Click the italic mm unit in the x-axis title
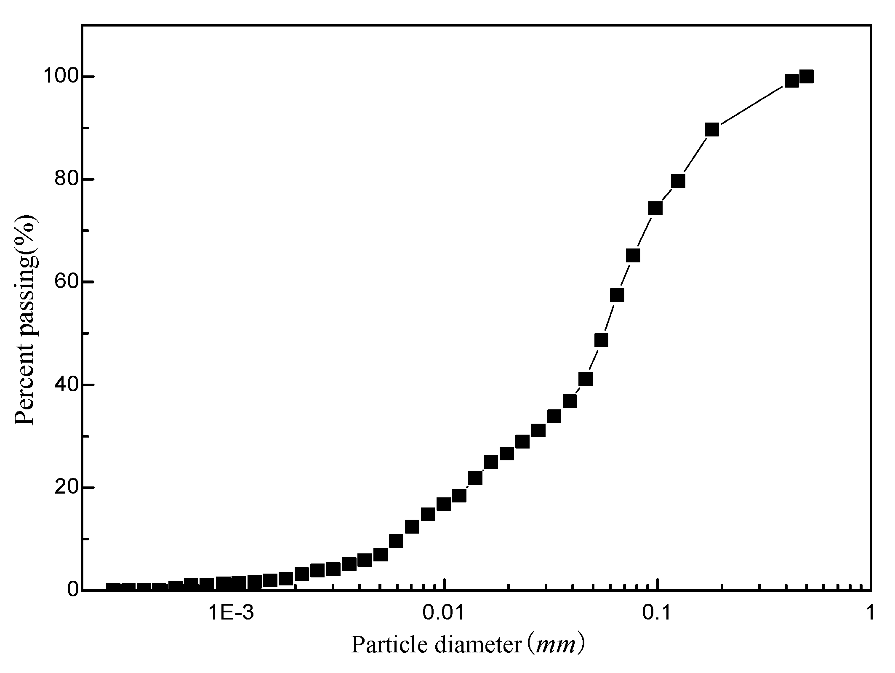552,645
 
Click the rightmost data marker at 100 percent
806,77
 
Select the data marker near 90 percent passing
711,130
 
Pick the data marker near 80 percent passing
678,181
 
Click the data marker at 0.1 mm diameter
655,208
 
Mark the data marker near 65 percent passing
633,255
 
